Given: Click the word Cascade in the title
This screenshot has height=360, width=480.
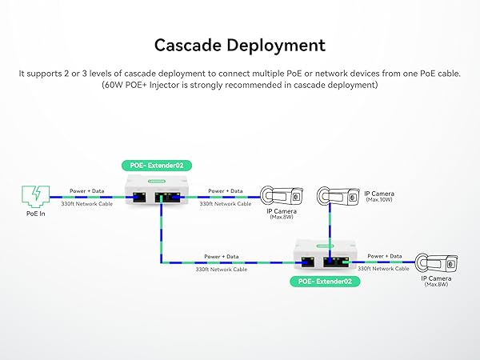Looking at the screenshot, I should pyautogui.click(x=183, y=45).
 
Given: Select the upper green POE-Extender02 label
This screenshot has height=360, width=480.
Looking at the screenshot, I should pyautogui.click(x=156, y=166).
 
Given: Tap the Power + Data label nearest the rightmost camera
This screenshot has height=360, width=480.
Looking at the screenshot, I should pyautogui.click(x=384, y=256).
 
